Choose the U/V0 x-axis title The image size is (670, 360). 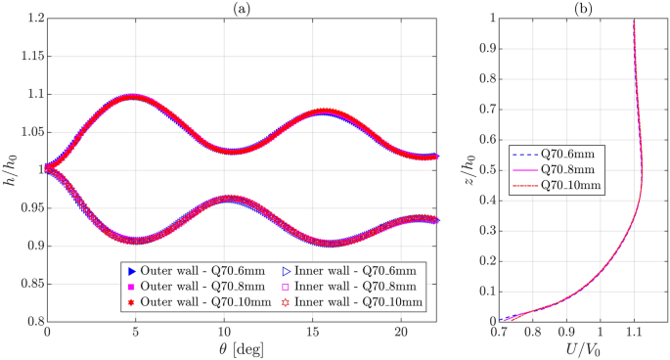(x=581, y=349)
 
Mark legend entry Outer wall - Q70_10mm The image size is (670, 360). (x=182, y=303)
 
